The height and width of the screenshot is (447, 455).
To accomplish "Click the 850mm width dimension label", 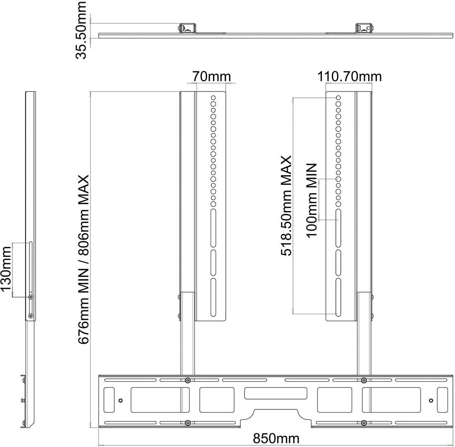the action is click(x=275, y=438).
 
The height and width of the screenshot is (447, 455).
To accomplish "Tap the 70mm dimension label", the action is click(x=211, y=77).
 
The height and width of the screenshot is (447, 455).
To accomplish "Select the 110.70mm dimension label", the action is click(x=349, y=77).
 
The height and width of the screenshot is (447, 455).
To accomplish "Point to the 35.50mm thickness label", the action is click(x=81, y=30).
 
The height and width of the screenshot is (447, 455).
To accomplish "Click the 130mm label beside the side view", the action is click(x=6, y=269).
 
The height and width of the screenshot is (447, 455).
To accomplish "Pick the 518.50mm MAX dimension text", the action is click(x=286, y=205).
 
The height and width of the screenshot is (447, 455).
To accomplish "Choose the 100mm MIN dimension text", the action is click(x=311, y=201).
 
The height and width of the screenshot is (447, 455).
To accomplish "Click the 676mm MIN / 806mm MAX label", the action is click(x=83, y=259).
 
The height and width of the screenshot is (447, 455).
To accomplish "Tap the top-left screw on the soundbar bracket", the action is click(x=188, y=380).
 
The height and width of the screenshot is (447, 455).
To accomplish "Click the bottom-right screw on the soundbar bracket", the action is click(x=364, y=423).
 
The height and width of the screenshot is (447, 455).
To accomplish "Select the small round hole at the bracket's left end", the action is click(x=121, y=401).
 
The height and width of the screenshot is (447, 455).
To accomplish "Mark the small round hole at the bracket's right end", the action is click(x=431, y=401).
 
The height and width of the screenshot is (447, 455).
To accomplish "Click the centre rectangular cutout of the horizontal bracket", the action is click(x=275, y=393).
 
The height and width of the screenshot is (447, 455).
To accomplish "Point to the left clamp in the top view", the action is click(x=187, y=28).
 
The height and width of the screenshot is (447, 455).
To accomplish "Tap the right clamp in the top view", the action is click(x=364, y=28).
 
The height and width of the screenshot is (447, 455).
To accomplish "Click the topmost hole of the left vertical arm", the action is click(x=213, y=97).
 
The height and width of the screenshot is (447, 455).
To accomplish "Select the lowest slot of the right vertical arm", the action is click(x=338, y=297).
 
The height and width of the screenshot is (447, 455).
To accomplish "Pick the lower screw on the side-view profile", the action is click(x=31, y=315).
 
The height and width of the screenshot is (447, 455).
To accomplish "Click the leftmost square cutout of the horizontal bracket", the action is click(x=109, y=400).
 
